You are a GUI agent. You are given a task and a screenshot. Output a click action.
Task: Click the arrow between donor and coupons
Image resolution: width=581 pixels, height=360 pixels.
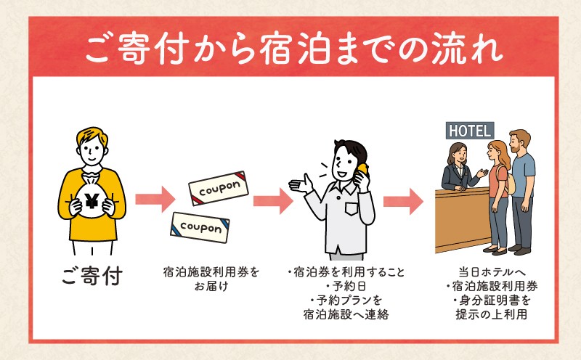tap(155, 197)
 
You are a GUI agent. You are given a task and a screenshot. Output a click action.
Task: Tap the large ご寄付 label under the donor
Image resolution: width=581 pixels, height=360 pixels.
tap(91, 277)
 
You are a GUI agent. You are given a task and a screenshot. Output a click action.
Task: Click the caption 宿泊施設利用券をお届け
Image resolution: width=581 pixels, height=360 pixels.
tap(211, 279)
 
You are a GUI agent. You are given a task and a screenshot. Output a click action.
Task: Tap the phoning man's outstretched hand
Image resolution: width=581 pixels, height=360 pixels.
tap(298, 184)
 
